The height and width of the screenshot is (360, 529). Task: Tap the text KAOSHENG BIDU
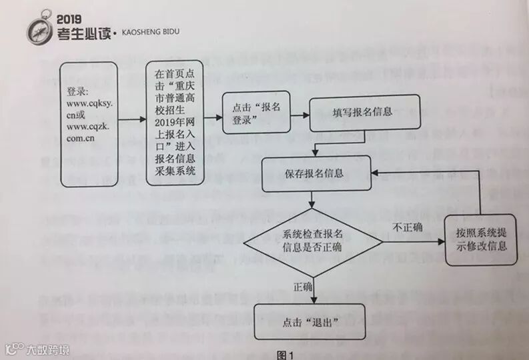[x=151, y=31]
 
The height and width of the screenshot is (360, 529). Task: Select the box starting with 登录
[x=89, y=124]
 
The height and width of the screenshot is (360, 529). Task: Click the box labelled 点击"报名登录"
[x=256, y=115]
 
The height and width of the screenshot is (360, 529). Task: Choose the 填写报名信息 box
[x=365, y=112]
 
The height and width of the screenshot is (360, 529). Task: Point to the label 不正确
[x=408, y=227]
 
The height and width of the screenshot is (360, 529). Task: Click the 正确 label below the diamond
[x=304, y=287]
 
